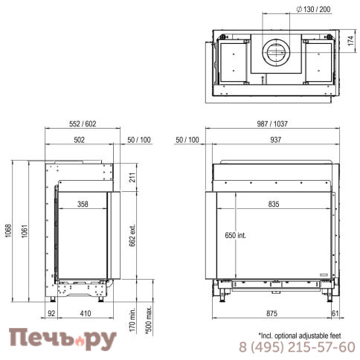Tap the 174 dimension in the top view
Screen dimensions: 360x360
pos(350,41)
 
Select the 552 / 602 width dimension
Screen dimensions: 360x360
pos(83,123)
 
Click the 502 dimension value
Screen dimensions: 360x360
pos(80,140)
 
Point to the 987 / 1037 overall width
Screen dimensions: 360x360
pos(272,123)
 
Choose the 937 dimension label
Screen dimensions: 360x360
pos(276,140)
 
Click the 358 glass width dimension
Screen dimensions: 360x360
pos(83,204)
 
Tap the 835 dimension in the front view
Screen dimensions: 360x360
pos(274,204)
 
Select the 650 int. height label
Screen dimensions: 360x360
pos(235,235)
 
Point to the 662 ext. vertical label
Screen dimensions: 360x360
pos(132,236)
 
